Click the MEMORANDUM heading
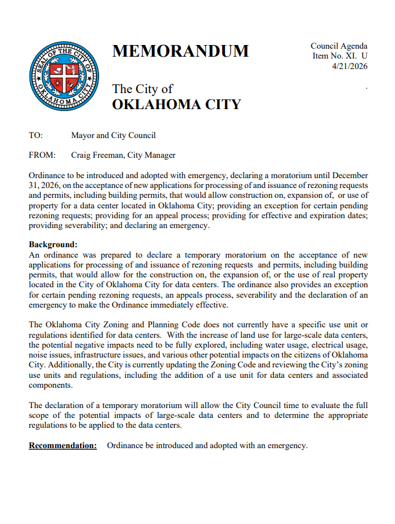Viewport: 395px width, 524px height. pos(180,52)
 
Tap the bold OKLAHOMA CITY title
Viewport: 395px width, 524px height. pos(176,104)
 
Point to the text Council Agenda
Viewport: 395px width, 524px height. pos(339,46)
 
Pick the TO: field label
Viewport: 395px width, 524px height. pos(36,136)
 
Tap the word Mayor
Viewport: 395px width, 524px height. pos(84,136)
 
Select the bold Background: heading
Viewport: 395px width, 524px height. pos(54,245)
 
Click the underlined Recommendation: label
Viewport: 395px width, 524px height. pos(63,446)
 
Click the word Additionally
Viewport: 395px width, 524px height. pos(70,366)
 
